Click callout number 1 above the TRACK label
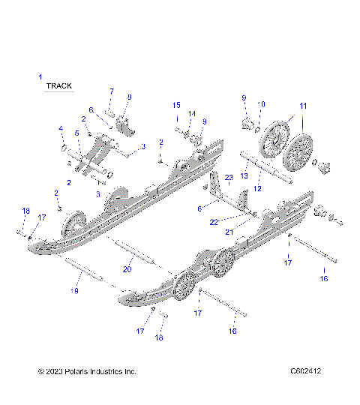[x=40, y=76]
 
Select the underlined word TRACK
[x=59, y=86]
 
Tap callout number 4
[x=61, y=129]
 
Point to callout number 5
[x=76, y=133]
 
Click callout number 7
[x=111, y=91]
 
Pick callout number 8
[x=129, y=97]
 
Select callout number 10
[x=262, y=104]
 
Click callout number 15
[x=177, y=104]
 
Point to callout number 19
[x=73, y=289]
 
